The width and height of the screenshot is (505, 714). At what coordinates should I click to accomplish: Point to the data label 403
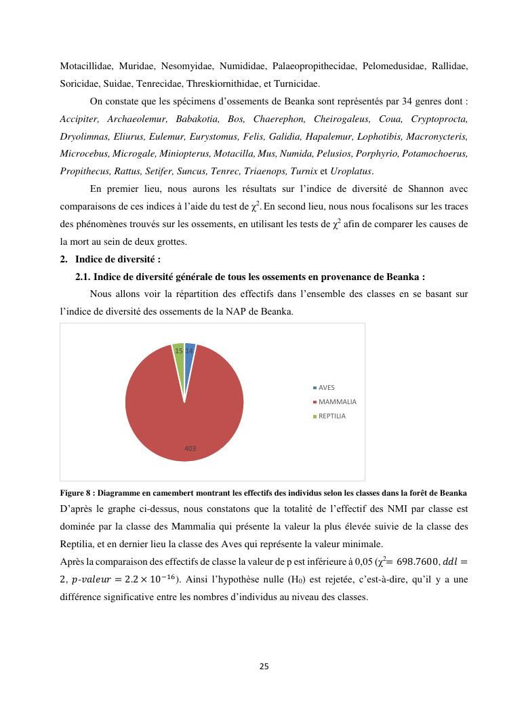190,448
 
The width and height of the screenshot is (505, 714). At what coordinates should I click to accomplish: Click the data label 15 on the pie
178,351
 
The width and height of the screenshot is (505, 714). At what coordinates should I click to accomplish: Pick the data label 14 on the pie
189,351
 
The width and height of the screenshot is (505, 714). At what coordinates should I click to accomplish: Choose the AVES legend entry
326,387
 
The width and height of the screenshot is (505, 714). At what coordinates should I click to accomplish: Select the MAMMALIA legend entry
337,401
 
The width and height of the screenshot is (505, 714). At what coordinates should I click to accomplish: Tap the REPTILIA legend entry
331,416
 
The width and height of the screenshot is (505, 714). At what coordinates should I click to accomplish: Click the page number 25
264,666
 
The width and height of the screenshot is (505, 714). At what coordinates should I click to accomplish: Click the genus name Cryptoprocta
439,119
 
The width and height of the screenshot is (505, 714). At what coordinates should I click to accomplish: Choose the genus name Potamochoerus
434,154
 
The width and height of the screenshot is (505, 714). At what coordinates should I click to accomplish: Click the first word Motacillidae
85,66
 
